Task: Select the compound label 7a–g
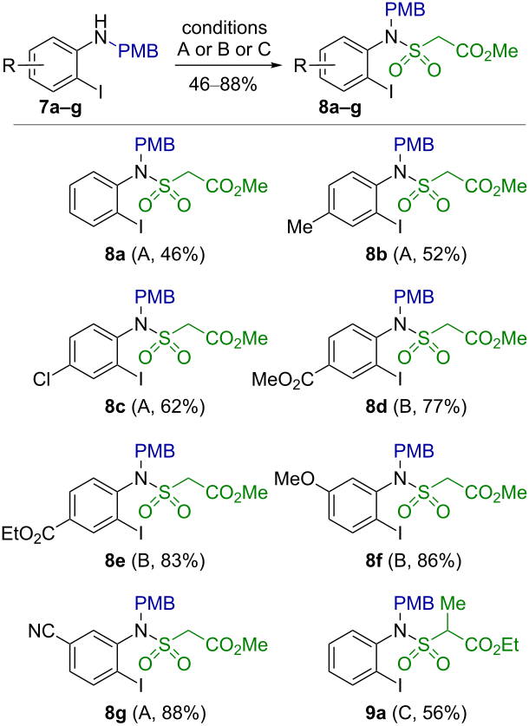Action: click(60, 109)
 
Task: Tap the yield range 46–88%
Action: click(223, 85)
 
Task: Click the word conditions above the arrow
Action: click(225, 28)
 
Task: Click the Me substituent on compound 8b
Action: click(300, 226)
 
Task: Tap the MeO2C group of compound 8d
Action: click(283, 380)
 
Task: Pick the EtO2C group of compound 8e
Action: click(28, 533)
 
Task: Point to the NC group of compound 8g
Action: click(42, 631)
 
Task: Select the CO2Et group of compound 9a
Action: click(492, 644)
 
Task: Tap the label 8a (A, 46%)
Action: click(154, 255)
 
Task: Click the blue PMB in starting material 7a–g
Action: click(139, 51)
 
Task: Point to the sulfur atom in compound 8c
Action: click(164, 338)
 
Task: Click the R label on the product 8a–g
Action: click(301, 66)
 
